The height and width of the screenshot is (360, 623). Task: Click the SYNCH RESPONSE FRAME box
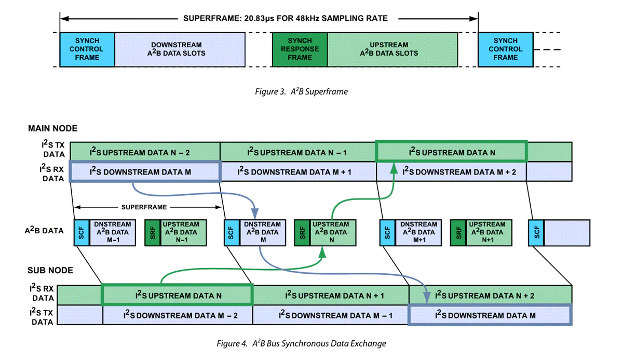[300, 49]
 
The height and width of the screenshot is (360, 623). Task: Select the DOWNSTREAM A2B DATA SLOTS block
[180, 49]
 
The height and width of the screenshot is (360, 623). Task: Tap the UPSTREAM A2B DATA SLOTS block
[392, 49]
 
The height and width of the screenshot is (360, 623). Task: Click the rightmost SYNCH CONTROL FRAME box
[506, 49]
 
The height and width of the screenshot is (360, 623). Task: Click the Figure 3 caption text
[301, 91]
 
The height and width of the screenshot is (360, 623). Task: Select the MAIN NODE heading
[52, 128]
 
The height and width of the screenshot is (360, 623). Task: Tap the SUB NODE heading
[50, 270]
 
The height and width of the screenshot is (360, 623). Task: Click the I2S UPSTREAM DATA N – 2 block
[145, 152]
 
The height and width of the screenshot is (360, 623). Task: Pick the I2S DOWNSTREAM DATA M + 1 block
[298, 171]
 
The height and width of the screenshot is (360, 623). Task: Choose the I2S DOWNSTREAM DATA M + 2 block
[451, 171]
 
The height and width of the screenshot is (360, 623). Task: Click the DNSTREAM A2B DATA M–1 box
[113, 233]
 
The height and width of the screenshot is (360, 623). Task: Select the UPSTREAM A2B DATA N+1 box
[489, 233]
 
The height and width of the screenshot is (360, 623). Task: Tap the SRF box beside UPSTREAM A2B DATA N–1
[153, 233]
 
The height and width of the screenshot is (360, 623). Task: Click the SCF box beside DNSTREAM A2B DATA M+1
[387, 233]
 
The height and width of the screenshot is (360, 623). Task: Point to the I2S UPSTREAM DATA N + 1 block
[331, 295]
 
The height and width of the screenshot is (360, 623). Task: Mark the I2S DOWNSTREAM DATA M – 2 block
[178, 315]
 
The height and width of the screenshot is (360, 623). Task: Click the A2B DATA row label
[44, 230]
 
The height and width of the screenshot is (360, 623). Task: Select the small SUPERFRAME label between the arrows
[144, 207]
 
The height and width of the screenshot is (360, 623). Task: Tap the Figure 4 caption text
[301, 343]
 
